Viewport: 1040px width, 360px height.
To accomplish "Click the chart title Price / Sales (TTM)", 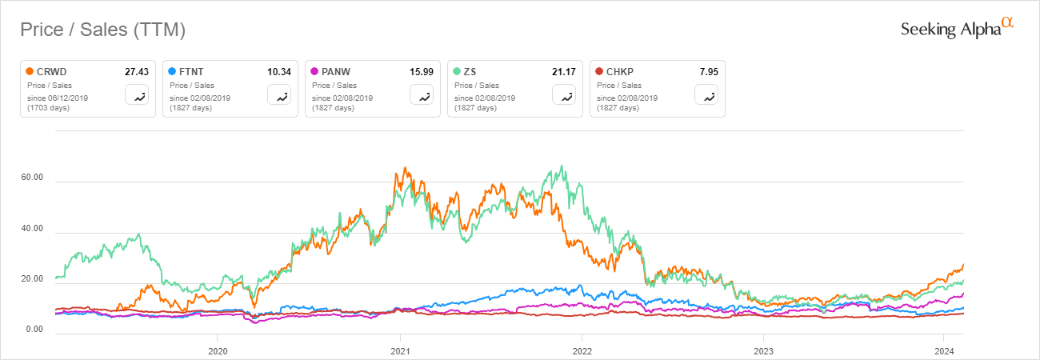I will tap(102, 30).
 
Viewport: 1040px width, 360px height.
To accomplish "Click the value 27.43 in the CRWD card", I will tap(137, 72).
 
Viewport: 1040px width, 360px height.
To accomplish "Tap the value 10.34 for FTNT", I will tap(279, 72).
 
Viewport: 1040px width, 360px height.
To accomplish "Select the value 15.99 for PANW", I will tap(422, 72).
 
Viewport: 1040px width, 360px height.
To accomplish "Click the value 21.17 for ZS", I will tap(564, 72).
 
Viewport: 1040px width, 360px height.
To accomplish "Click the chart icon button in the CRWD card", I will tap(138, 95).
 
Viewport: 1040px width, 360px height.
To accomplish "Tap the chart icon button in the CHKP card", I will tap(707, 95).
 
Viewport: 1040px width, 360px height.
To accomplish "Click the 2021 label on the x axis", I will tap(400, 350).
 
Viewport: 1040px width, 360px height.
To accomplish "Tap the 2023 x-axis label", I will tap(763, 350).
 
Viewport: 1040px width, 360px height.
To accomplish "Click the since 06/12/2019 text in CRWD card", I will tap(59, 98).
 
